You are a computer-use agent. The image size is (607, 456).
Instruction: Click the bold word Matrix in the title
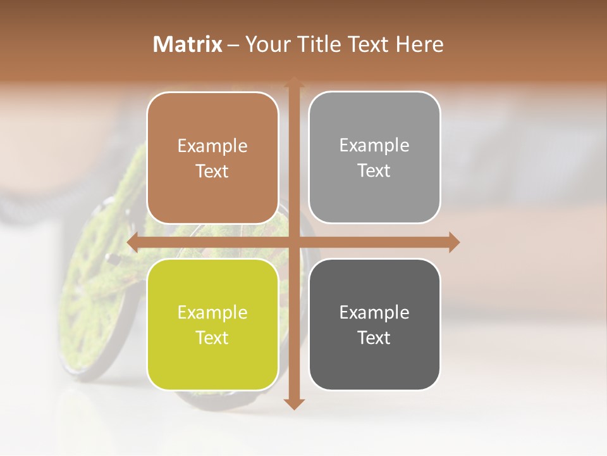tap(188, 44)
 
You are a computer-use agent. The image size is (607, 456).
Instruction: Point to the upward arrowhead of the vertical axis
tap(294, 81)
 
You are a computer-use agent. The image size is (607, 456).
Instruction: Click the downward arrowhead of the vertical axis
tap(294, 403)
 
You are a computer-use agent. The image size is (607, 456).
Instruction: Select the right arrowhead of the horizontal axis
tap(454, 243)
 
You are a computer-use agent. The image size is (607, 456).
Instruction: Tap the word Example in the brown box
tap(212, 146)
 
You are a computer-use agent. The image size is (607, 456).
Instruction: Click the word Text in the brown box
tap(212, 172)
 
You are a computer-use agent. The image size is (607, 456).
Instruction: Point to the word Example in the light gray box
tap(374, 146)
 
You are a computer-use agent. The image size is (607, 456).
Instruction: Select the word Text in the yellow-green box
tap(212, 338)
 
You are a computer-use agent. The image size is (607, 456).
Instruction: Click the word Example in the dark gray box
tap(374, 312)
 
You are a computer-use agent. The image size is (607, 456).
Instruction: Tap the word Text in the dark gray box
tap(374, 338)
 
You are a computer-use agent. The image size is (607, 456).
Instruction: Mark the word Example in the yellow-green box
tap(212, 313)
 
